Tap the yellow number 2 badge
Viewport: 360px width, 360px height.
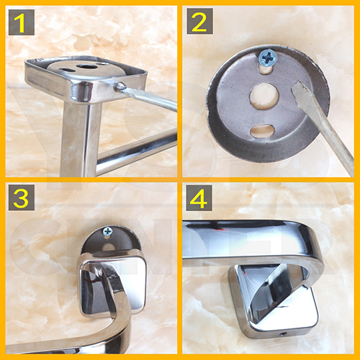tap(199, 22)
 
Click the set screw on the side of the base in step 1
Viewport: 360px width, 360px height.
tap(122, 86)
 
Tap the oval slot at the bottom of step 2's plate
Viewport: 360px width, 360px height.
tap(264, 130)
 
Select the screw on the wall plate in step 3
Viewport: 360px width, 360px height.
tap(108, 232)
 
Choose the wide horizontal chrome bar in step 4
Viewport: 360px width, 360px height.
tap(245, 241)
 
